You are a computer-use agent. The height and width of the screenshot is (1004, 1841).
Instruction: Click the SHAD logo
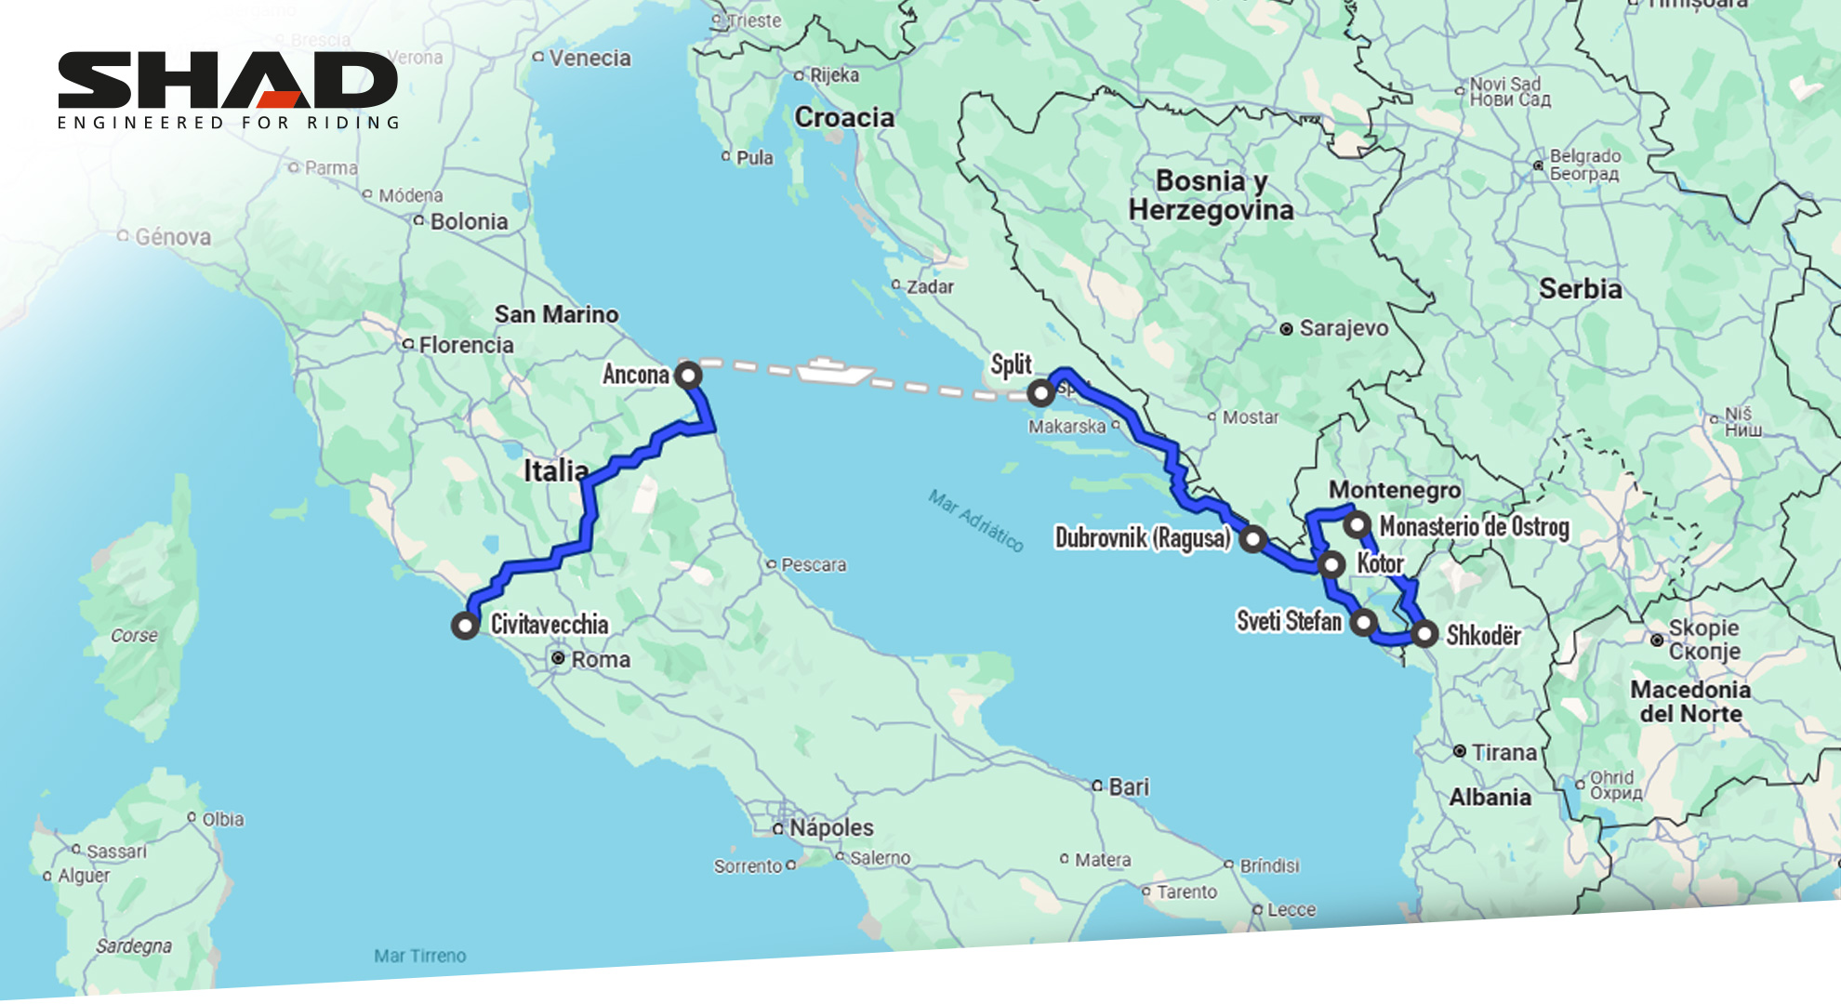click(228, 89)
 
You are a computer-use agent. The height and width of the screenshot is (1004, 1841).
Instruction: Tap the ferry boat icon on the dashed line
click(834, 371)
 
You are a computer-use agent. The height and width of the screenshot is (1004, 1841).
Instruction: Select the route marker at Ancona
click(688, 376)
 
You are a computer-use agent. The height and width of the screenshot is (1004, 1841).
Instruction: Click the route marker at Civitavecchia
click(465, 625)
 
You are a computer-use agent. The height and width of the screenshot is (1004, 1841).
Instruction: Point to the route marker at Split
click(1040, 393)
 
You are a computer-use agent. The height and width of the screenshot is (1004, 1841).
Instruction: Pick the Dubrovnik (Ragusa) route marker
click(1253, 538)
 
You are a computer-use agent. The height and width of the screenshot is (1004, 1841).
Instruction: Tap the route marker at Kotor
click(1332, 564)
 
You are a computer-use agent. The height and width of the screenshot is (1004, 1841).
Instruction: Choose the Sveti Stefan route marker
click(1364, 622)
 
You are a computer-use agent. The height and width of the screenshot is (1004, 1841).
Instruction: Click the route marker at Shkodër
click(1424, 634)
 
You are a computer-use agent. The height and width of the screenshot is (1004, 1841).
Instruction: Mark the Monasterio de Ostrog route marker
click(1358, 524)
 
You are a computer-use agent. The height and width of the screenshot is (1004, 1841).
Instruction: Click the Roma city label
click(600, 659)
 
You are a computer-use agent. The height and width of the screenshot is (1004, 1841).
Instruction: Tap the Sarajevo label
click(1343, 328)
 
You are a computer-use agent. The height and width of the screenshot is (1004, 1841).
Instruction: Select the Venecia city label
click(589, 58)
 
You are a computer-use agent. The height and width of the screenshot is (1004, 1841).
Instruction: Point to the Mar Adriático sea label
click(976, 521)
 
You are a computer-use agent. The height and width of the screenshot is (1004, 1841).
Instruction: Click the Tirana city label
click(1503, 752)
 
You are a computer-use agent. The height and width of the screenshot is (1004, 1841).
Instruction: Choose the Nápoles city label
click(831, 827)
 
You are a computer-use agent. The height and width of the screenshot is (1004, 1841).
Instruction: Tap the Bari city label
click(1128, 786)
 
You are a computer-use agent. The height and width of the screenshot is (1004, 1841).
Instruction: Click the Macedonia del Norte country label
click(1690, 702)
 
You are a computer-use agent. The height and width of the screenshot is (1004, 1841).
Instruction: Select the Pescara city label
click(813, 564)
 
